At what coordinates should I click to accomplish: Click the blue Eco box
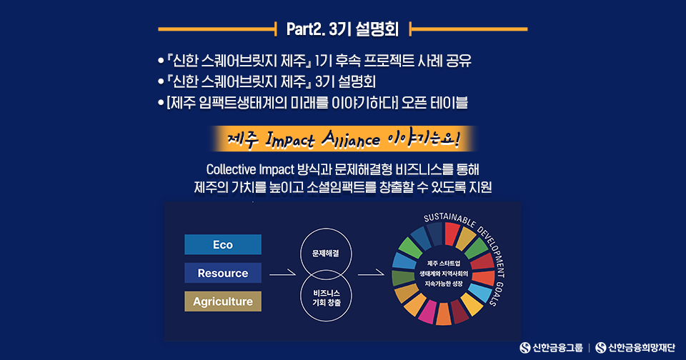pos(223,244)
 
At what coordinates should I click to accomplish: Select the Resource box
pos(223,273)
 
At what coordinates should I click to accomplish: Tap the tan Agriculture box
pos(223,301)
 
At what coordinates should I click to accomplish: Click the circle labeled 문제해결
pos(326,229)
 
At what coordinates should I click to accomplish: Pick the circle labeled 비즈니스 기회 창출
pos(326,321)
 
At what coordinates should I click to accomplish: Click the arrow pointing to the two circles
pos(283,274)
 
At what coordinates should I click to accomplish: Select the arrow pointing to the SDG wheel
pos(371,274)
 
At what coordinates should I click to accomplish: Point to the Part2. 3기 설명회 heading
pos(342,29)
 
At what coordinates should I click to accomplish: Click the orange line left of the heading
pos(217,29)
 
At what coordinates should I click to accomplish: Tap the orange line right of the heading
pos(468,29)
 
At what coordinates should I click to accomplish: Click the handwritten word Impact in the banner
pos(290,139)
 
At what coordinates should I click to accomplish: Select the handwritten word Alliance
pos(351,139)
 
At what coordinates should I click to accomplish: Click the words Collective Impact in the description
pos(249,169)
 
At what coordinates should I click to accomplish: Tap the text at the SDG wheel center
pos(444,274)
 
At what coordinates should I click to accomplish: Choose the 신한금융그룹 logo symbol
pos(525,348)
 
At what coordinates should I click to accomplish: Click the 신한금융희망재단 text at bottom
pos(642,348)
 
